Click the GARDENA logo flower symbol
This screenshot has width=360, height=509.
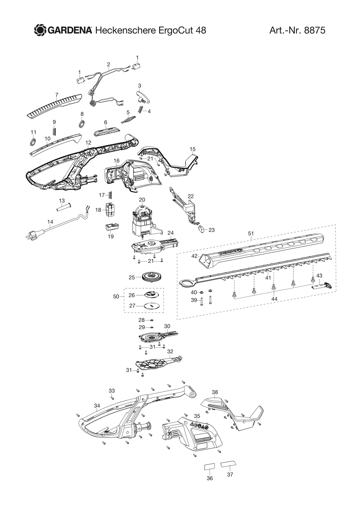(40, 30)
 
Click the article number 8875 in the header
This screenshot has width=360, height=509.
(314, 30)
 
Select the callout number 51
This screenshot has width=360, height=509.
(251, 233)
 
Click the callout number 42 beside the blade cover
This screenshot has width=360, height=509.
(194, 256)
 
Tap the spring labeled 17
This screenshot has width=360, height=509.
(111, 195)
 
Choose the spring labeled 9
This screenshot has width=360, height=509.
(54, 131)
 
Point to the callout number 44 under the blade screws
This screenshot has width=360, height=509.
(274, 299)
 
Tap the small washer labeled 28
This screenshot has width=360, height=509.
(152, 320)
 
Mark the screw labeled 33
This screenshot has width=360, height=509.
(112, 398)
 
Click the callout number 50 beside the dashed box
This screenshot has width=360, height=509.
(116, 297)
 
